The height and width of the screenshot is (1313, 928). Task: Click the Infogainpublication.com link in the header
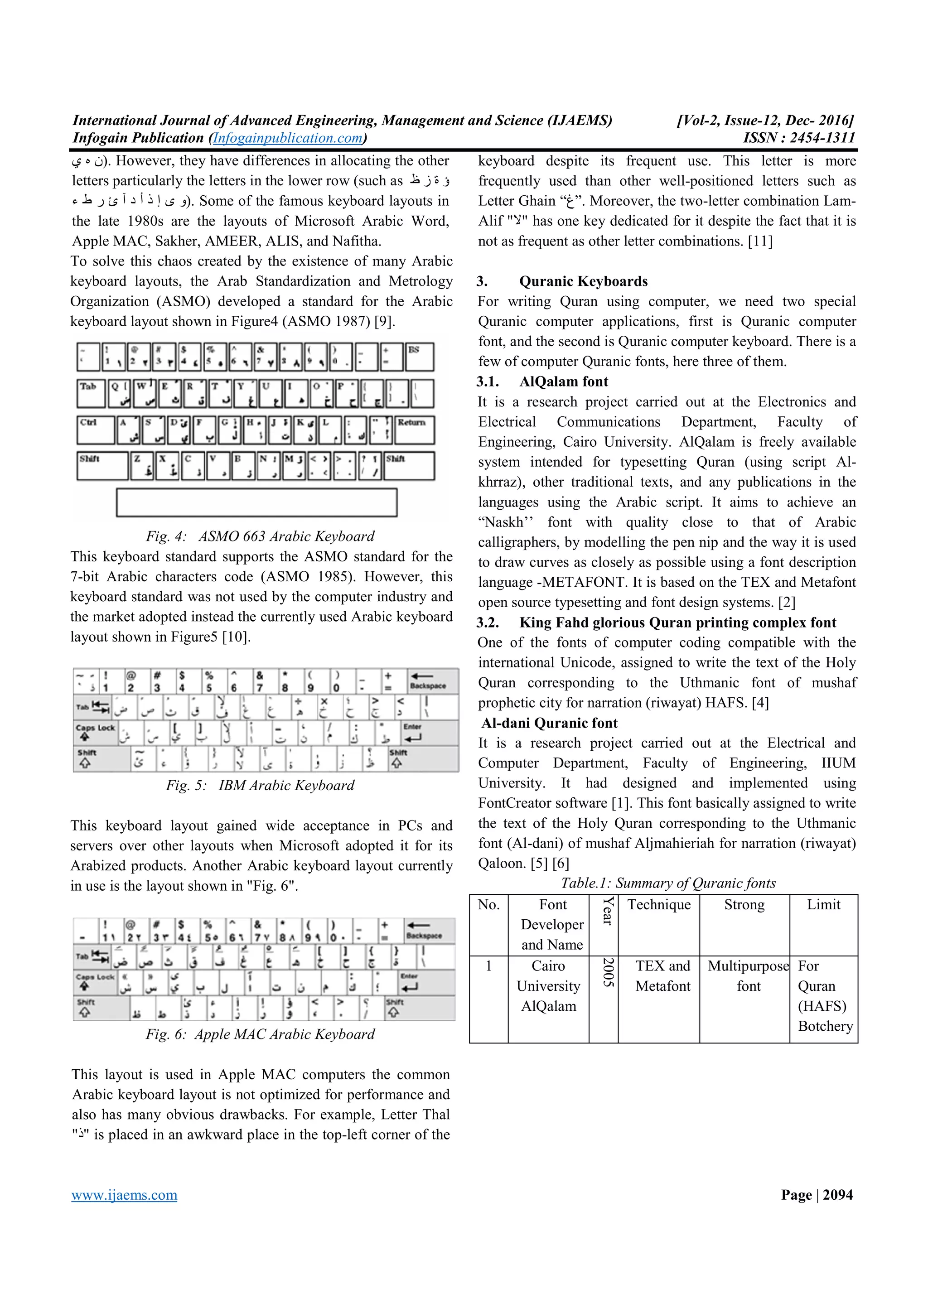click(x=288, y=138)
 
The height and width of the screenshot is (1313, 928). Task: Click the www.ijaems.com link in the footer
click(x=124, y=1195)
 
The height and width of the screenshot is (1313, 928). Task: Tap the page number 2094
click(x=838, y=1195)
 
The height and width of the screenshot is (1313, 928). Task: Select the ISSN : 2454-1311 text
click(x=799, y=138)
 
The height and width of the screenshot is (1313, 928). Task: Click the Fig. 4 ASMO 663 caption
click(x=260, y=536)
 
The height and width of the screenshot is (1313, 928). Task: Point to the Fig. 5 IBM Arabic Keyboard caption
click(x=260, y=785)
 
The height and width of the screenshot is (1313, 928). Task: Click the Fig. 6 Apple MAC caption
click(x=260, y=1034)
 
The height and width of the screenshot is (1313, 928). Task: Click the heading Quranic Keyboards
click(x=583, y=281)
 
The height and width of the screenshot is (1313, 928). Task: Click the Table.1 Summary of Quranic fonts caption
click(x=668, y=883)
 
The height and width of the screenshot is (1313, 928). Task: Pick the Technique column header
click(x=659, y=905)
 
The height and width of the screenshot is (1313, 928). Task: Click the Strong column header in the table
click(x=744, y=905)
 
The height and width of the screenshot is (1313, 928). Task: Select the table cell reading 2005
click(x=608, y=972)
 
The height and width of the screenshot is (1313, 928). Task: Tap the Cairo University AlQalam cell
click(x=548, y=986)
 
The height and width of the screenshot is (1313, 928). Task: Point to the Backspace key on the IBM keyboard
click(x=432, y=681)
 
